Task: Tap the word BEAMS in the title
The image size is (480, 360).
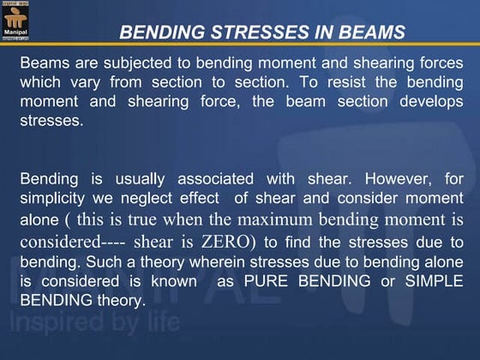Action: pos(369,33)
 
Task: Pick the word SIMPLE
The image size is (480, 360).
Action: pos(433,280)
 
